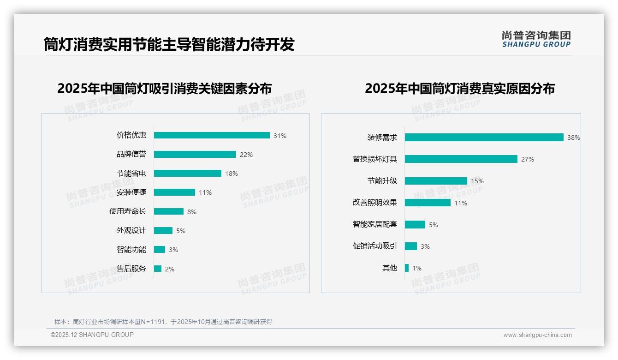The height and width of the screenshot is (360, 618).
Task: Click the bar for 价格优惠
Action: point(212,135)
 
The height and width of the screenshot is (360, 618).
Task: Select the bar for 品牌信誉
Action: point(195,155)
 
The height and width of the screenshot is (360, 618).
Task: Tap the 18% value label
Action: point(232,174)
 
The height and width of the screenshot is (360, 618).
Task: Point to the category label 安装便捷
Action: point(131,192)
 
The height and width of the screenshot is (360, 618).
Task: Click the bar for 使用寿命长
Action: point(168,211)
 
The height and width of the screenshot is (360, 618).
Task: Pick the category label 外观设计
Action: point(131,230)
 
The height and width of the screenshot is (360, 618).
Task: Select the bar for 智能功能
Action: point(159,250)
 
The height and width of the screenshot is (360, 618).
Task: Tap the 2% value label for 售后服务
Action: point(170,269)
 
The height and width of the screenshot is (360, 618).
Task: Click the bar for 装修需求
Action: point(484,138)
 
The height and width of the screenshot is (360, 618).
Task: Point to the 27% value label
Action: point(528,159)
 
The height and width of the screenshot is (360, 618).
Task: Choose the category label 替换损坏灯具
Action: point(375,159)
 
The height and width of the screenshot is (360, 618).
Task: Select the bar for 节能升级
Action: point(436,181)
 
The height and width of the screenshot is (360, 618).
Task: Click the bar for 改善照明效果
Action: point(428,203)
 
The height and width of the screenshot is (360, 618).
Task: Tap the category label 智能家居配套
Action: point(375,224)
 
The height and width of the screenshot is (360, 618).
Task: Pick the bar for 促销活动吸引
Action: point(410,246)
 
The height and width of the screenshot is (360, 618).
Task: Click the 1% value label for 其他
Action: point(417,268)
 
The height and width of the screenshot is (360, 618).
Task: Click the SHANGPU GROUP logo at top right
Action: point(536,39)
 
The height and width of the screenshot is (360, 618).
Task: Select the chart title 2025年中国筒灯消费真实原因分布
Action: point(460,89)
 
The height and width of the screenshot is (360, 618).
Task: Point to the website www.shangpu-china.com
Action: point(537,335)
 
